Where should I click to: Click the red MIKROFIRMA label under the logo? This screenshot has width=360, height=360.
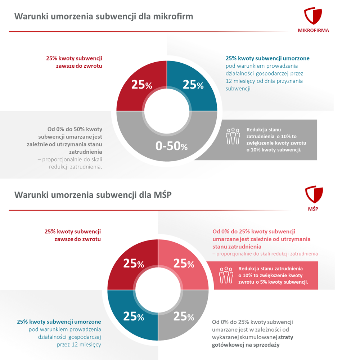pos(313,30)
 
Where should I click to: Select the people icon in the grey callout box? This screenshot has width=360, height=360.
pos(233,136)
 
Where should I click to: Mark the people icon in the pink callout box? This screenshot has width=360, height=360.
pos(226,275)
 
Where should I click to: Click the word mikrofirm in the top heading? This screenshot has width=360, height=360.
pos(176,17)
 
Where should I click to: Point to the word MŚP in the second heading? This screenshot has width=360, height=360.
pos(164,195)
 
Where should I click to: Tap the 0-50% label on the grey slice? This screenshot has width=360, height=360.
pos(171,146)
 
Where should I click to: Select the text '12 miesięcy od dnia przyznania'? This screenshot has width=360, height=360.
pos(264,81)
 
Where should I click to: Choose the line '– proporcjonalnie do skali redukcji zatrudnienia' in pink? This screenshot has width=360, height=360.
pos(265,254)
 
